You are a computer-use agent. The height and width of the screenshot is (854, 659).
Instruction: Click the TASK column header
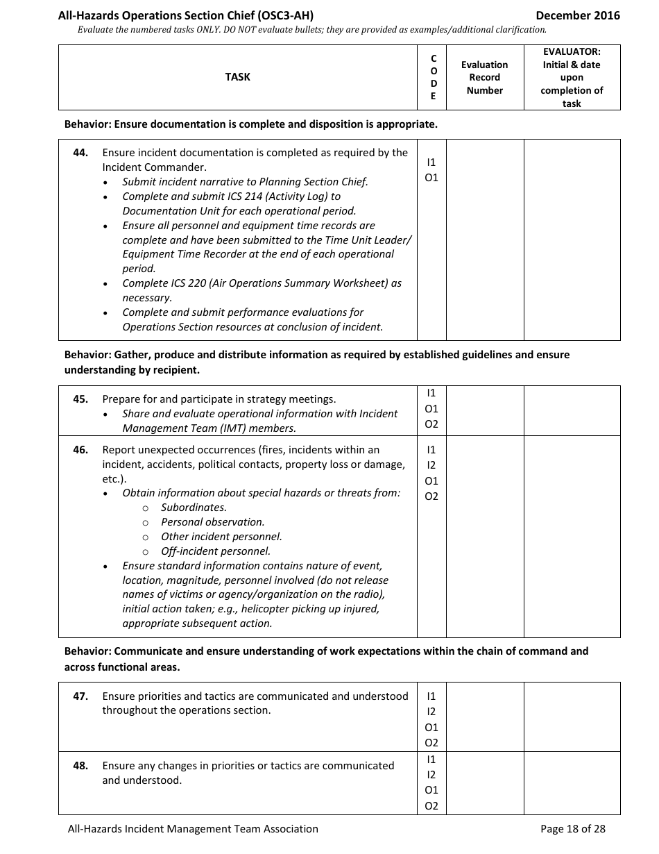[x=237, y=77]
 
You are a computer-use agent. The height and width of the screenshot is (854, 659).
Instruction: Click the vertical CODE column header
[x=433, y=77]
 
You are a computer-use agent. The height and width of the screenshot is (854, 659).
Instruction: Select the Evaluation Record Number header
[x=484, y=77]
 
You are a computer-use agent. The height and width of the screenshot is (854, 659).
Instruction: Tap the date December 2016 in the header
[x=578, y=15]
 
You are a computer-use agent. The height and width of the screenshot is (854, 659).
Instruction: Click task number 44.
[x=80, y=153]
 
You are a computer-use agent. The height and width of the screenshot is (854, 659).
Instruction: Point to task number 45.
[x=80, y=399]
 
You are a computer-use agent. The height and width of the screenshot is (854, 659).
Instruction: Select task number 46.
[x=80, y=450]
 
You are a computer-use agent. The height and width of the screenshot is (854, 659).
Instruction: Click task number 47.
[x=80, y=696]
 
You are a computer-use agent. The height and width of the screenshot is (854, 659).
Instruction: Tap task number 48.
[x=80, y=766]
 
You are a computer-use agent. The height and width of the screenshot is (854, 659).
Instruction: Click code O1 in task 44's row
[x=431, y=178]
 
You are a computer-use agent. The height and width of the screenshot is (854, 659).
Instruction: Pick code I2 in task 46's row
[x=431, y=465]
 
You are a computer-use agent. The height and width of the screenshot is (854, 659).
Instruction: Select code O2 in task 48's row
[x=431, y=806]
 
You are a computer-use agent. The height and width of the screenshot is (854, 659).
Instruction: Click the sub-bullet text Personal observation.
[x=212, y=522]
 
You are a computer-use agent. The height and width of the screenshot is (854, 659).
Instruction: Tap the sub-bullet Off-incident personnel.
[x=215, y=551]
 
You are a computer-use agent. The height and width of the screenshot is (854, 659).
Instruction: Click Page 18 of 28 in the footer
[x=572, y=829]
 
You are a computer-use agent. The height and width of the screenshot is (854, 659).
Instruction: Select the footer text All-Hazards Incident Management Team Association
[x=193, y=829]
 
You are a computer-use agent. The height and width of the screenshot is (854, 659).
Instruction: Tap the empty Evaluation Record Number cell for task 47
[x=484, y=717]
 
